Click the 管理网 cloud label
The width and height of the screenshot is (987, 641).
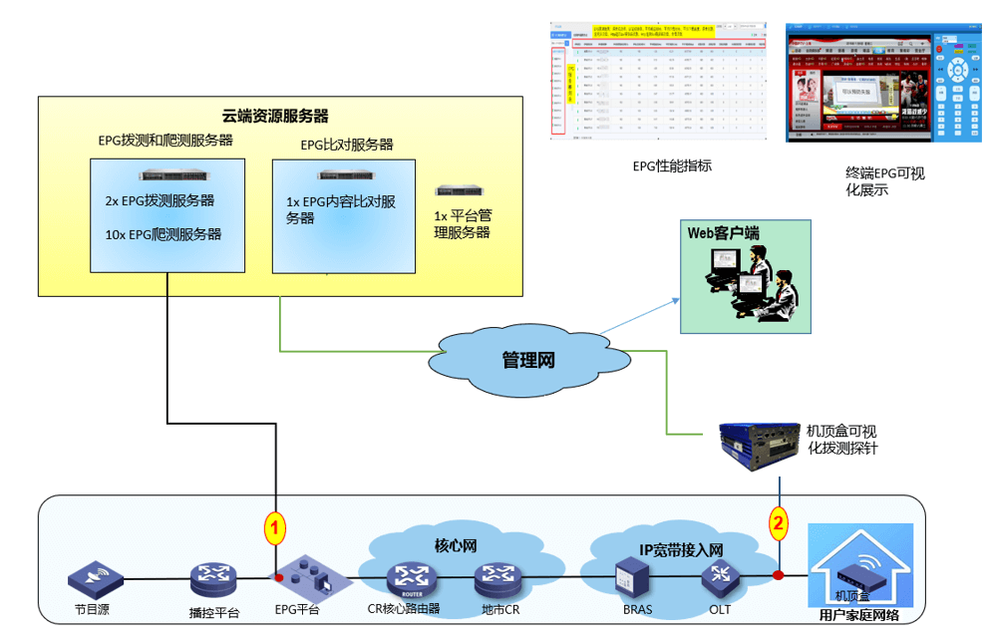pyautogui.click(x=527, y=361)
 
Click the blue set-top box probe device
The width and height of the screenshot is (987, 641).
pyautogui.click(x=758, y=443)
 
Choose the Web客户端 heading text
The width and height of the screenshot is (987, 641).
pyautogui.click(x=723, y=232)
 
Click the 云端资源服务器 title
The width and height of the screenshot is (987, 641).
pyautogui.click(x=275, y=116)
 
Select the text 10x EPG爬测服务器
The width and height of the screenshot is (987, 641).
pyautogui.click(x=163, y=235)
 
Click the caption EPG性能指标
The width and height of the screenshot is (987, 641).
pyautogui.click(x=672, y=165)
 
